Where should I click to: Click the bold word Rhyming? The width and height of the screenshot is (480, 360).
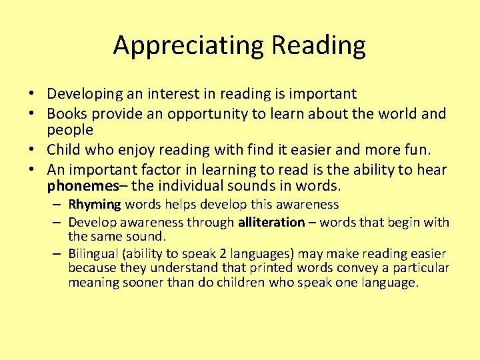click(95, 205)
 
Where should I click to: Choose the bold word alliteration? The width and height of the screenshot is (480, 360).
click(271, 223)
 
